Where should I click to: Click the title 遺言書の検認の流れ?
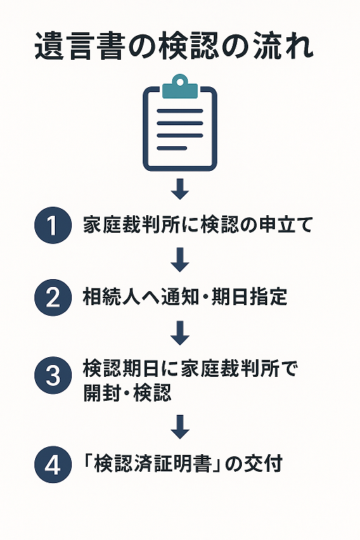[x=174, y=46]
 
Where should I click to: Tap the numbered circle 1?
[x=53, y=225]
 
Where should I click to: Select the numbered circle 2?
[x=53, y=297]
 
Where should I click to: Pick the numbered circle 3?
[x=53, y=375]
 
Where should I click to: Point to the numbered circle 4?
[x=53, y=464]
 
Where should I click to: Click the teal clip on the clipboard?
[x=180, y=86]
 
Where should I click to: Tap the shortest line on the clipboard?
[x=172, y=148]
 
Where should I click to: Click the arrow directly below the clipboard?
[x=180, y=189]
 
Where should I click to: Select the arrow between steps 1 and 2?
[x=180, y=259]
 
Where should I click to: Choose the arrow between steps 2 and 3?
[x=180, y=333]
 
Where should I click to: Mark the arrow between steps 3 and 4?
[x=180, y=427]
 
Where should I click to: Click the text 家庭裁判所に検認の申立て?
[x=198, y=225]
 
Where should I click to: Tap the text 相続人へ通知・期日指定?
[x=185, y=297]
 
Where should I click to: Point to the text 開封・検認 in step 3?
[x=127, y=392]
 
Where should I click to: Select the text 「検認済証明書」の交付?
[x=183, y=463]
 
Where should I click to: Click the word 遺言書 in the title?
[x=79, y=46]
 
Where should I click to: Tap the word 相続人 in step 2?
[x=112, y=297]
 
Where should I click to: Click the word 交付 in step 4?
[x=263, y=463]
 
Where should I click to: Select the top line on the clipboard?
[x=180, y=111]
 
